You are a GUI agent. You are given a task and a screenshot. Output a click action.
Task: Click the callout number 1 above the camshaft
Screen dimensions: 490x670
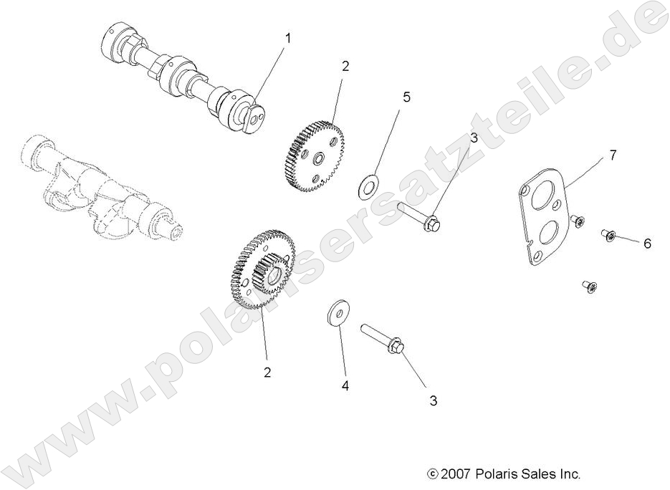click(289, 37)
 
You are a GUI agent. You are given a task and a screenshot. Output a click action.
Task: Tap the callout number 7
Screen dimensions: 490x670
click(613, 154)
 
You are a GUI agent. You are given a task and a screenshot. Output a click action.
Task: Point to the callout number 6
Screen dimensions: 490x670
click(646, 244)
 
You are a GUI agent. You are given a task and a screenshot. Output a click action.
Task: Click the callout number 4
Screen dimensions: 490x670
click(345, 385)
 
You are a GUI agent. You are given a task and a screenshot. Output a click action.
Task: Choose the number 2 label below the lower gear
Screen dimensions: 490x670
click(267, 373)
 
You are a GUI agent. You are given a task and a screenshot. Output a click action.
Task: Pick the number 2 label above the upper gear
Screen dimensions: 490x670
click(345, 66)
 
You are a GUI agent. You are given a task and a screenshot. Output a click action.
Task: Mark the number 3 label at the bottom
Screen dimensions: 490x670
click(432, 401)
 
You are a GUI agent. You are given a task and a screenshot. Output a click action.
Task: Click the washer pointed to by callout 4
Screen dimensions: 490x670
click(335, 313)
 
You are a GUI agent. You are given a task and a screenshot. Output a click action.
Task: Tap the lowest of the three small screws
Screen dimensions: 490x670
click(590, 287)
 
